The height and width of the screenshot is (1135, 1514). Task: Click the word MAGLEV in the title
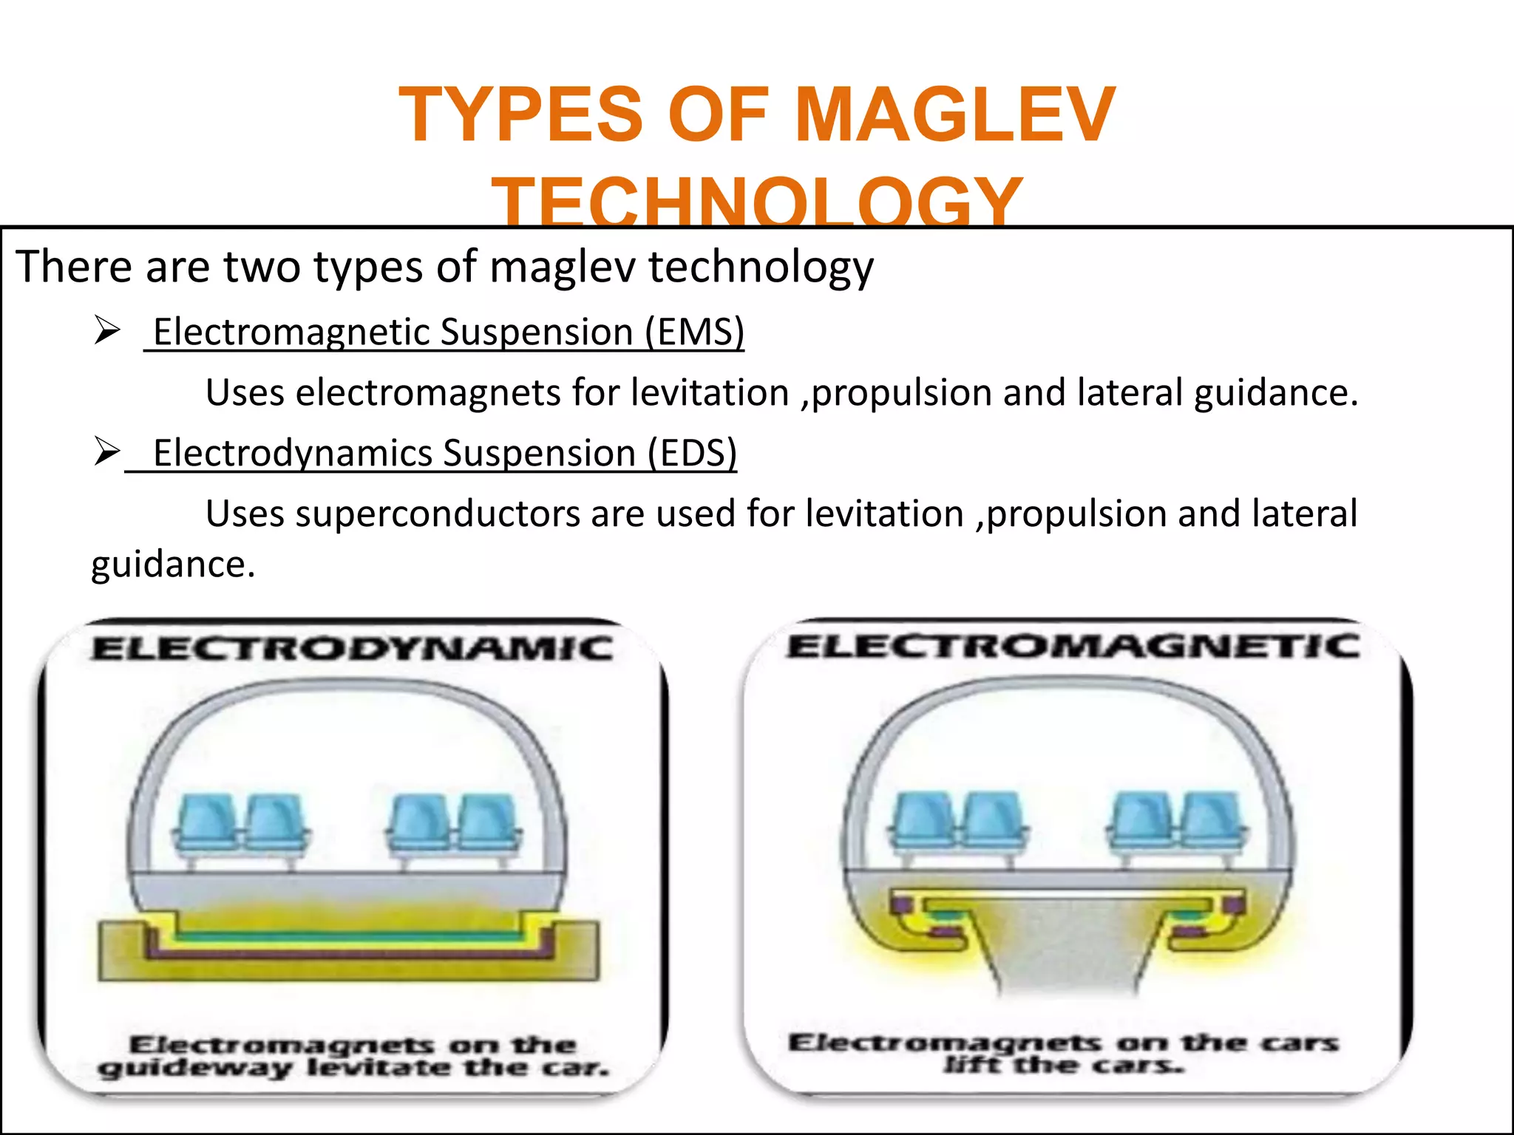click(x=954, y=115)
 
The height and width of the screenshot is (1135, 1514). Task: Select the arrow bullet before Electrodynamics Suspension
click(x=107, y=451)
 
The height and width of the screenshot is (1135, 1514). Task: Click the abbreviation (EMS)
click(x=694, y=332)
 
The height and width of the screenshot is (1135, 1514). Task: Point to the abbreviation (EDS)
click(x=692, y=453)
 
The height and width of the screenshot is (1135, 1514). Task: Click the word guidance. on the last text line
click(x=173, y=565)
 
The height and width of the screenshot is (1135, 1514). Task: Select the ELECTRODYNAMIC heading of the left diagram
click(x=353, y=650)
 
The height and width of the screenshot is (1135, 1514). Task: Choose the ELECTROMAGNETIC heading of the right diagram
click(x=1073, y=647)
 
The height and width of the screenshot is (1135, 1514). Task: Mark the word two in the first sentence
click(x=262, y=267)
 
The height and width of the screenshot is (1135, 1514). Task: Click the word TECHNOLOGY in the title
click(x=757, y=201)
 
